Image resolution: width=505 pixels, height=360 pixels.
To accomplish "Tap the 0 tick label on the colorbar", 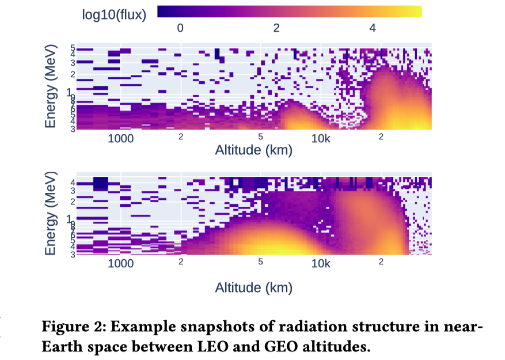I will [x=180, y=28].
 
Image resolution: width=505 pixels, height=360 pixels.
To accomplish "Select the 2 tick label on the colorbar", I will [x=276, y=28].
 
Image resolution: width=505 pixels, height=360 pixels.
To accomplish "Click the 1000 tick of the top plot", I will [x=121, y=139].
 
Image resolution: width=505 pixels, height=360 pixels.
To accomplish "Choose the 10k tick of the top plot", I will [x=321, y=139].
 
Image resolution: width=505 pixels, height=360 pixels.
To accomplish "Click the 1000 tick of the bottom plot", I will [x=121, y=264].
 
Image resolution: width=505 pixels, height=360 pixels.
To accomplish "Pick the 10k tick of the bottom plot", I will [x=321, y=264].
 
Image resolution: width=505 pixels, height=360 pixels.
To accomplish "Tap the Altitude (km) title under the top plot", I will [x=254, y=151].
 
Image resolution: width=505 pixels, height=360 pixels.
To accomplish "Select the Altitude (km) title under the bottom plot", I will [x=254, y=287].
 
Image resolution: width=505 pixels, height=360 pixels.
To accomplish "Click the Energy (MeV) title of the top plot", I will [x=52, y=86].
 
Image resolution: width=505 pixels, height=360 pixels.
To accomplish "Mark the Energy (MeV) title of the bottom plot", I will [x=52, y=213].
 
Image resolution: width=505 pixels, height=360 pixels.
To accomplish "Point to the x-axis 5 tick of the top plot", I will [x=260, y=137].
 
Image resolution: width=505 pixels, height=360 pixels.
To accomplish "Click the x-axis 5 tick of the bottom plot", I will [x=260, y=262].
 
